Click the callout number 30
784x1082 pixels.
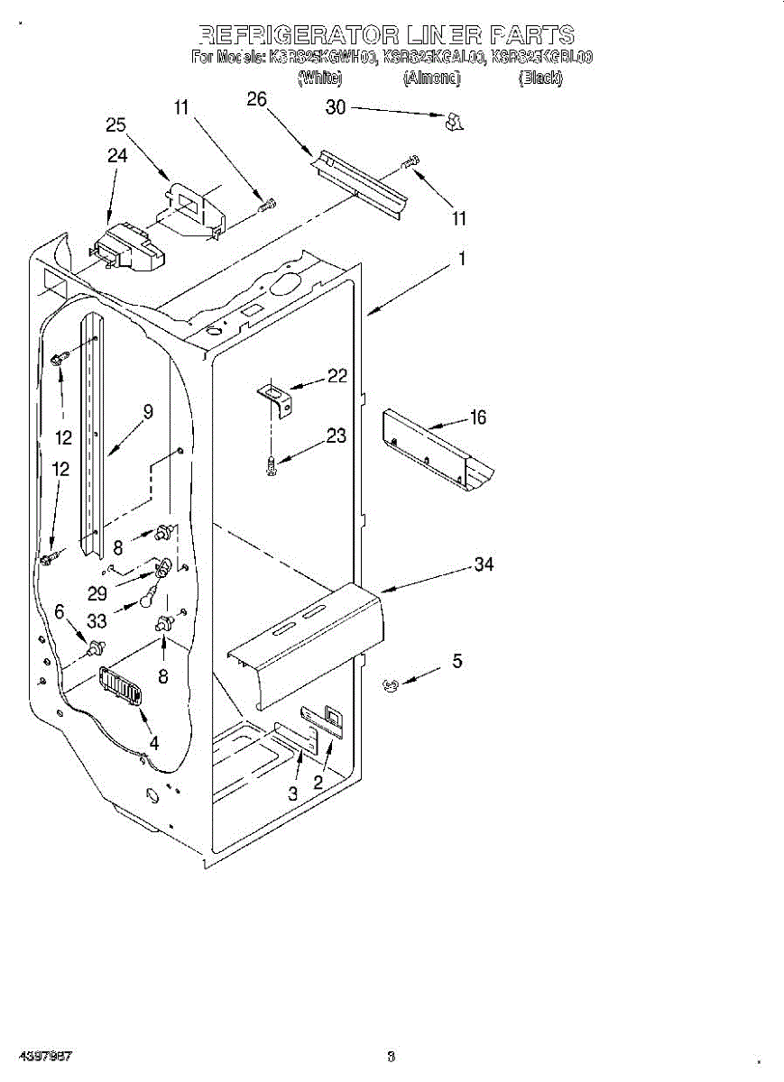tap(336, 107)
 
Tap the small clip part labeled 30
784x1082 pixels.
tap(455, 122)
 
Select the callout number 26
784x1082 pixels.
tap(257, 99)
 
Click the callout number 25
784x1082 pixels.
tap(116, 125)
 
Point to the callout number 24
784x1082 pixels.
tap(117, 155)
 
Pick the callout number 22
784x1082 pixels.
tap(337, 376)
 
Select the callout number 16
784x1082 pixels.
tap(478, 417)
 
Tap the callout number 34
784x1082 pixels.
tap(484, 564)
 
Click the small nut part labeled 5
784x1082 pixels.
tap(390, 686)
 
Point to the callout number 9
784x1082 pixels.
tap(148, 411)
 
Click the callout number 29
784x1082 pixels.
tap(97, 594)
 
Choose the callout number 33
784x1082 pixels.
tap(97, 621)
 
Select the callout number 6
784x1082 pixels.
tap(60, 611)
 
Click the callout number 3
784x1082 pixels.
tap(293, 793)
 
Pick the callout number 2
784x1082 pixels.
tap(318, 782)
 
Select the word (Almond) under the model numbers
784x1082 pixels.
tap(432, 78)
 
